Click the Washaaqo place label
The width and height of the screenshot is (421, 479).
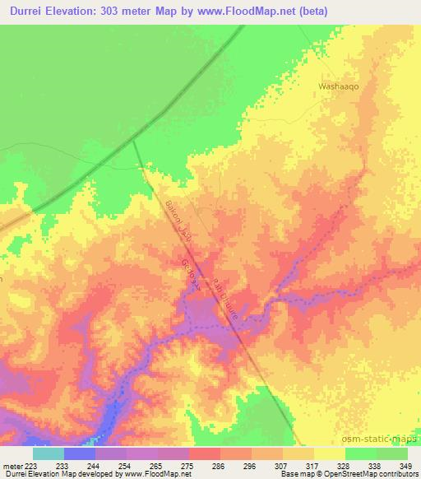click(x=338, y=85)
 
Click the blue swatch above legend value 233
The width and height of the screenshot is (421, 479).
click(x=79, y=453)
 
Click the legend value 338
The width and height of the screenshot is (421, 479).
click(x=361, y=466)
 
